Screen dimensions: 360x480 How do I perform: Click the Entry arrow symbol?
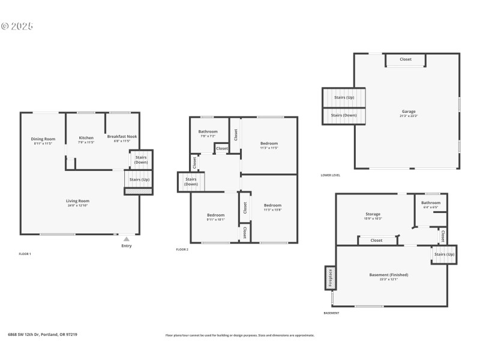click(126, 239)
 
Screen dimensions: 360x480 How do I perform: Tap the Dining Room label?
click(43, 139)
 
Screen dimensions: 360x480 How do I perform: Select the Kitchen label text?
click(86, 138)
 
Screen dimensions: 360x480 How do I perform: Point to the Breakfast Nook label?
click(122, 136)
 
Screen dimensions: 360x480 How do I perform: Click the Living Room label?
click(77, 201)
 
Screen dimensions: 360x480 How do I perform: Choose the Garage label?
click(409, 112)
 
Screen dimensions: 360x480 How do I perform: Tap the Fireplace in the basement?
click(329, 278)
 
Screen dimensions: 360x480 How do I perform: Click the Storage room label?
click(373, 214)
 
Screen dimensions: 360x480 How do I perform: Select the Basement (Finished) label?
click(389, 275)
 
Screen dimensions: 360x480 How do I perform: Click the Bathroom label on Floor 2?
click(208, 131)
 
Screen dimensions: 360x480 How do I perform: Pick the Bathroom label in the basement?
click(431, 203)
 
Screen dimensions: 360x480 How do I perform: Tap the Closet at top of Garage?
click(406, 59)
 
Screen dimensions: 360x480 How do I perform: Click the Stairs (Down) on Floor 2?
click(191, 182)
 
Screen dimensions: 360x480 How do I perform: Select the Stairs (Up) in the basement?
click(445, 254)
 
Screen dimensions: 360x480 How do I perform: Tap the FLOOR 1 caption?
click(25, 254)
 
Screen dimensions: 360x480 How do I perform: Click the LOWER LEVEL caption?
click(331, 175)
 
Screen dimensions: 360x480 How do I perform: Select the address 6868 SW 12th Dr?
click(42, 335)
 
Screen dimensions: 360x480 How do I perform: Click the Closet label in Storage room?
click(376, 240)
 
